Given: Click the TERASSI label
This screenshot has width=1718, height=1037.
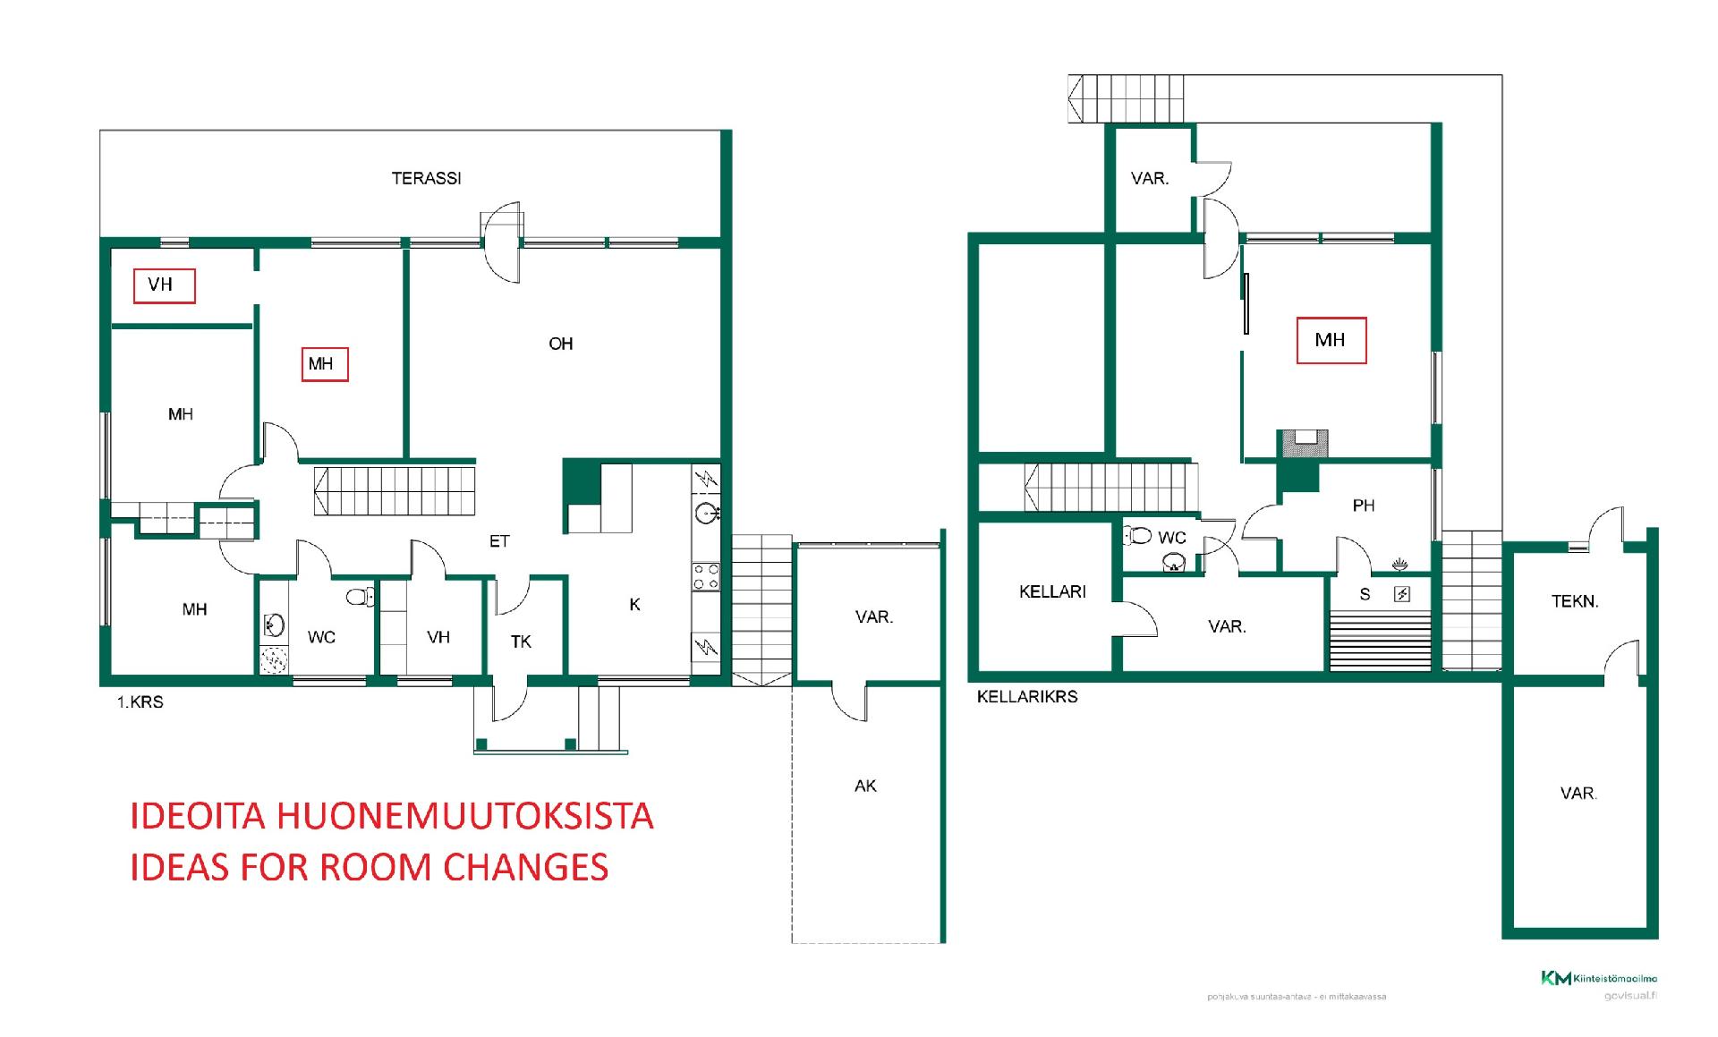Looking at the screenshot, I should (426, 179).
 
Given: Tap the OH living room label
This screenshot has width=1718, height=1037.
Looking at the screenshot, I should (560, 344).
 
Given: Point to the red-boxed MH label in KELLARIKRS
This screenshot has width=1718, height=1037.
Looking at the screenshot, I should (1331, 340).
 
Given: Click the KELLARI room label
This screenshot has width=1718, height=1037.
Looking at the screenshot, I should (1052, 591).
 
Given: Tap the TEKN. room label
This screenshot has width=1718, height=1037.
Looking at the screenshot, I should (1574, 602).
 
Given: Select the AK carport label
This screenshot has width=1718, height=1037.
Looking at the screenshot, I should (865, 786).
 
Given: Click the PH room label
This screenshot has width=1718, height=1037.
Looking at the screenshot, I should (1363, 506).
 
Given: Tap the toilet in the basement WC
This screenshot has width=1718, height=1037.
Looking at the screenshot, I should (1138, 536).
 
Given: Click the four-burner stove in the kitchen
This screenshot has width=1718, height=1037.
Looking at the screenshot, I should (706, 576).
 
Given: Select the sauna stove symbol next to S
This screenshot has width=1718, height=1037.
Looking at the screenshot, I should (1401, 594).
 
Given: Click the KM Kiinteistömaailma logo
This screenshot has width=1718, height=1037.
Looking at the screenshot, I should (1598, 978).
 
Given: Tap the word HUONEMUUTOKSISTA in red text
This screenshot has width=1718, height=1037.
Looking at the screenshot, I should (465, 816).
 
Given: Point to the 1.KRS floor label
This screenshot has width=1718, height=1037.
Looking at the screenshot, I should (140, 702).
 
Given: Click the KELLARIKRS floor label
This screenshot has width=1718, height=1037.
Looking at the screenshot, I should (1026, 697).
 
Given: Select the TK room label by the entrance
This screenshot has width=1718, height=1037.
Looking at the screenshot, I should (521, 642).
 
